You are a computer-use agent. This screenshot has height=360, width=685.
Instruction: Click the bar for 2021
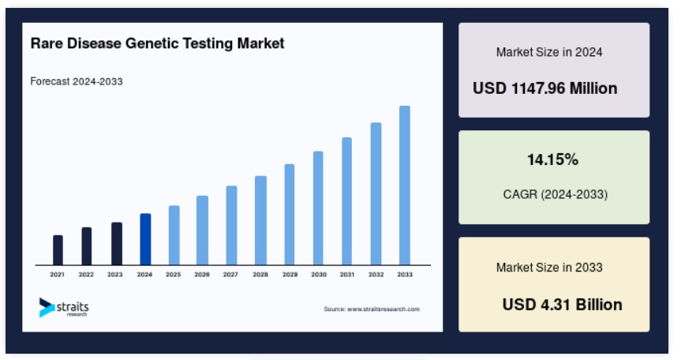pos(58,250)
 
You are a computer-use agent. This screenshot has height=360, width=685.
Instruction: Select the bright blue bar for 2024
pos(145,239)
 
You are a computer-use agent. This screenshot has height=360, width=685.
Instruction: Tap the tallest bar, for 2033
pos(405,186)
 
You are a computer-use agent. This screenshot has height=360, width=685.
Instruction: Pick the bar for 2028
pos(260,220)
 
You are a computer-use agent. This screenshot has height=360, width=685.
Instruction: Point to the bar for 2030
pos(318,208)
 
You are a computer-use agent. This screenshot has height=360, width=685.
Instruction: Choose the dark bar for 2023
pos(117,244)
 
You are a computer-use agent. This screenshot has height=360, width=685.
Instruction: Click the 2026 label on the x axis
pos(202,275)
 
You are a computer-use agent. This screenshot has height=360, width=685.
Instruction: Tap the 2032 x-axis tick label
pos(376,275)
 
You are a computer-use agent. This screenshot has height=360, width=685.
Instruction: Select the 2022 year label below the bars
pos(86,275)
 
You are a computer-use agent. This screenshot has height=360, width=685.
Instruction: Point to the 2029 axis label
pos(290,275)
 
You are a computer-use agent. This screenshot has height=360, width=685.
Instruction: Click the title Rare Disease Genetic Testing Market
pos(157,43)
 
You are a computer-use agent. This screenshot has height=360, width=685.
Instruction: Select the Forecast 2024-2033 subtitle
pos(77,81)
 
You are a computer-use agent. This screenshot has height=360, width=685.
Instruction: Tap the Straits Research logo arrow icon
pos(46,307)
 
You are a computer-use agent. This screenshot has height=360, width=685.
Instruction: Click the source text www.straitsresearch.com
pos(384,309)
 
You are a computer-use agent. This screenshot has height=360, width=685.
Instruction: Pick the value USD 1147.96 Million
pos(545,88)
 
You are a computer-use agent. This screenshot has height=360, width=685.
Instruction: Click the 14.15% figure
pos(552,159)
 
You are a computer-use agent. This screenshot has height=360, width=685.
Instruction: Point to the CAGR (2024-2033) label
pos(556,194)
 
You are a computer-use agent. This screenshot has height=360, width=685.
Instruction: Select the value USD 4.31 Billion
pos(562,305)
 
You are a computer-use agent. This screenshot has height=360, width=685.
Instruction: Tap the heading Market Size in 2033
pos(549,268)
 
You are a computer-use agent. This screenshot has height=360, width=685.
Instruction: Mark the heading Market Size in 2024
pos(549,52)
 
